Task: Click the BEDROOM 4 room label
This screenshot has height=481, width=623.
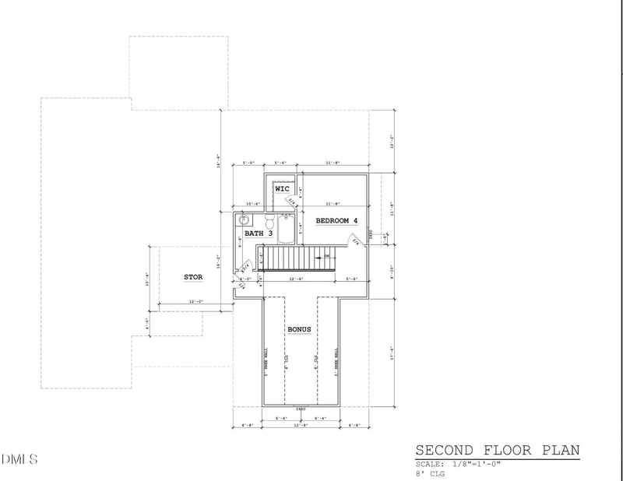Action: click(x=336, y=220)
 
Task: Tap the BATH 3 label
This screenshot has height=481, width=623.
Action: click(x=259, y=233)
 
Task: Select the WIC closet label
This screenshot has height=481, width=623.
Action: click(x=282, y=189)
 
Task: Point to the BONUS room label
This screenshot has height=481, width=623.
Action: click(x=300, y=329)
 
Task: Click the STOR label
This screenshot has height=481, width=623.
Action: click(x=193, y=276)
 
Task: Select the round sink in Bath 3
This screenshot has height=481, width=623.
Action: click(x=242, y=221)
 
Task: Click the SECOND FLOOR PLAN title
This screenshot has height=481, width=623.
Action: click(x=497, y=451)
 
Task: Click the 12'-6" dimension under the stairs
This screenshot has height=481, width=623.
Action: click(x=295, y=279)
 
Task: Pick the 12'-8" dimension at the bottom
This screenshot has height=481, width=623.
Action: click(x=300, y=425)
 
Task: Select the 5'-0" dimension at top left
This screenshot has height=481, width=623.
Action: click(x=249, y=163)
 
